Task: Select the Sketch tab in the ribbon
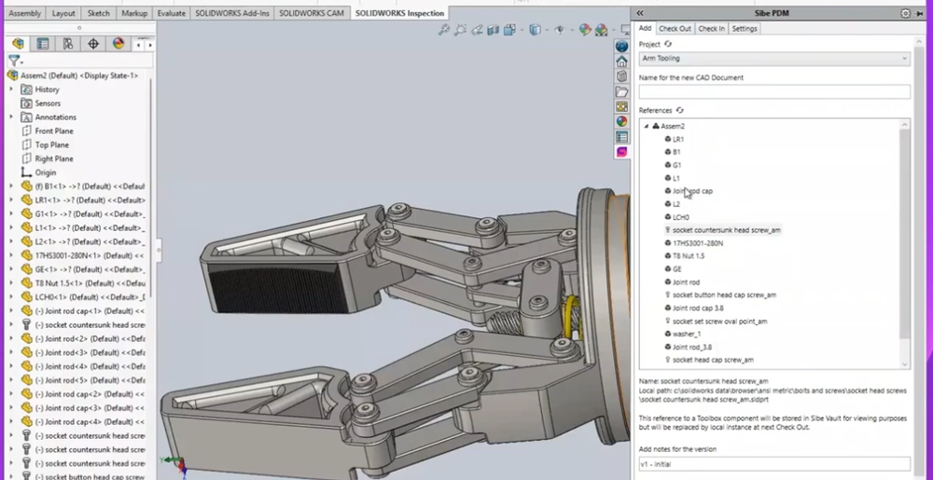point(100,13)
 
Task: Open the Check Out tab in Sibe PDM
point(675,29)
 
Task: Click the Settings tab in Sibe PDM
point(745,29)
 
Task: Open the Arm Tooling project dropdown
point(773,59)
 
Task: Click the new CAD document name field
point(773,91)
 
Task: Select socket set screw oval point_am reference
point(719,321)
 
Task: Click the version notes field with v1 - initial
point(773,464)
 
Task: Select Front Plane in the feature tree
point(54,131)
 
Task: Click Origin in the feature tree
point(46,172)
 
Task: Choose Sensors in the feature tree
point(48,103)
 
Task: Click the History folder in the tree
point(47,89)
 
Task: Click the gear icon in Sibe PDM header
point(905,13)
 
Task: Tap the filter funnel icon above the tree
point(14,60)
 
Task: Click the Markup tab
point(134,13)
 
